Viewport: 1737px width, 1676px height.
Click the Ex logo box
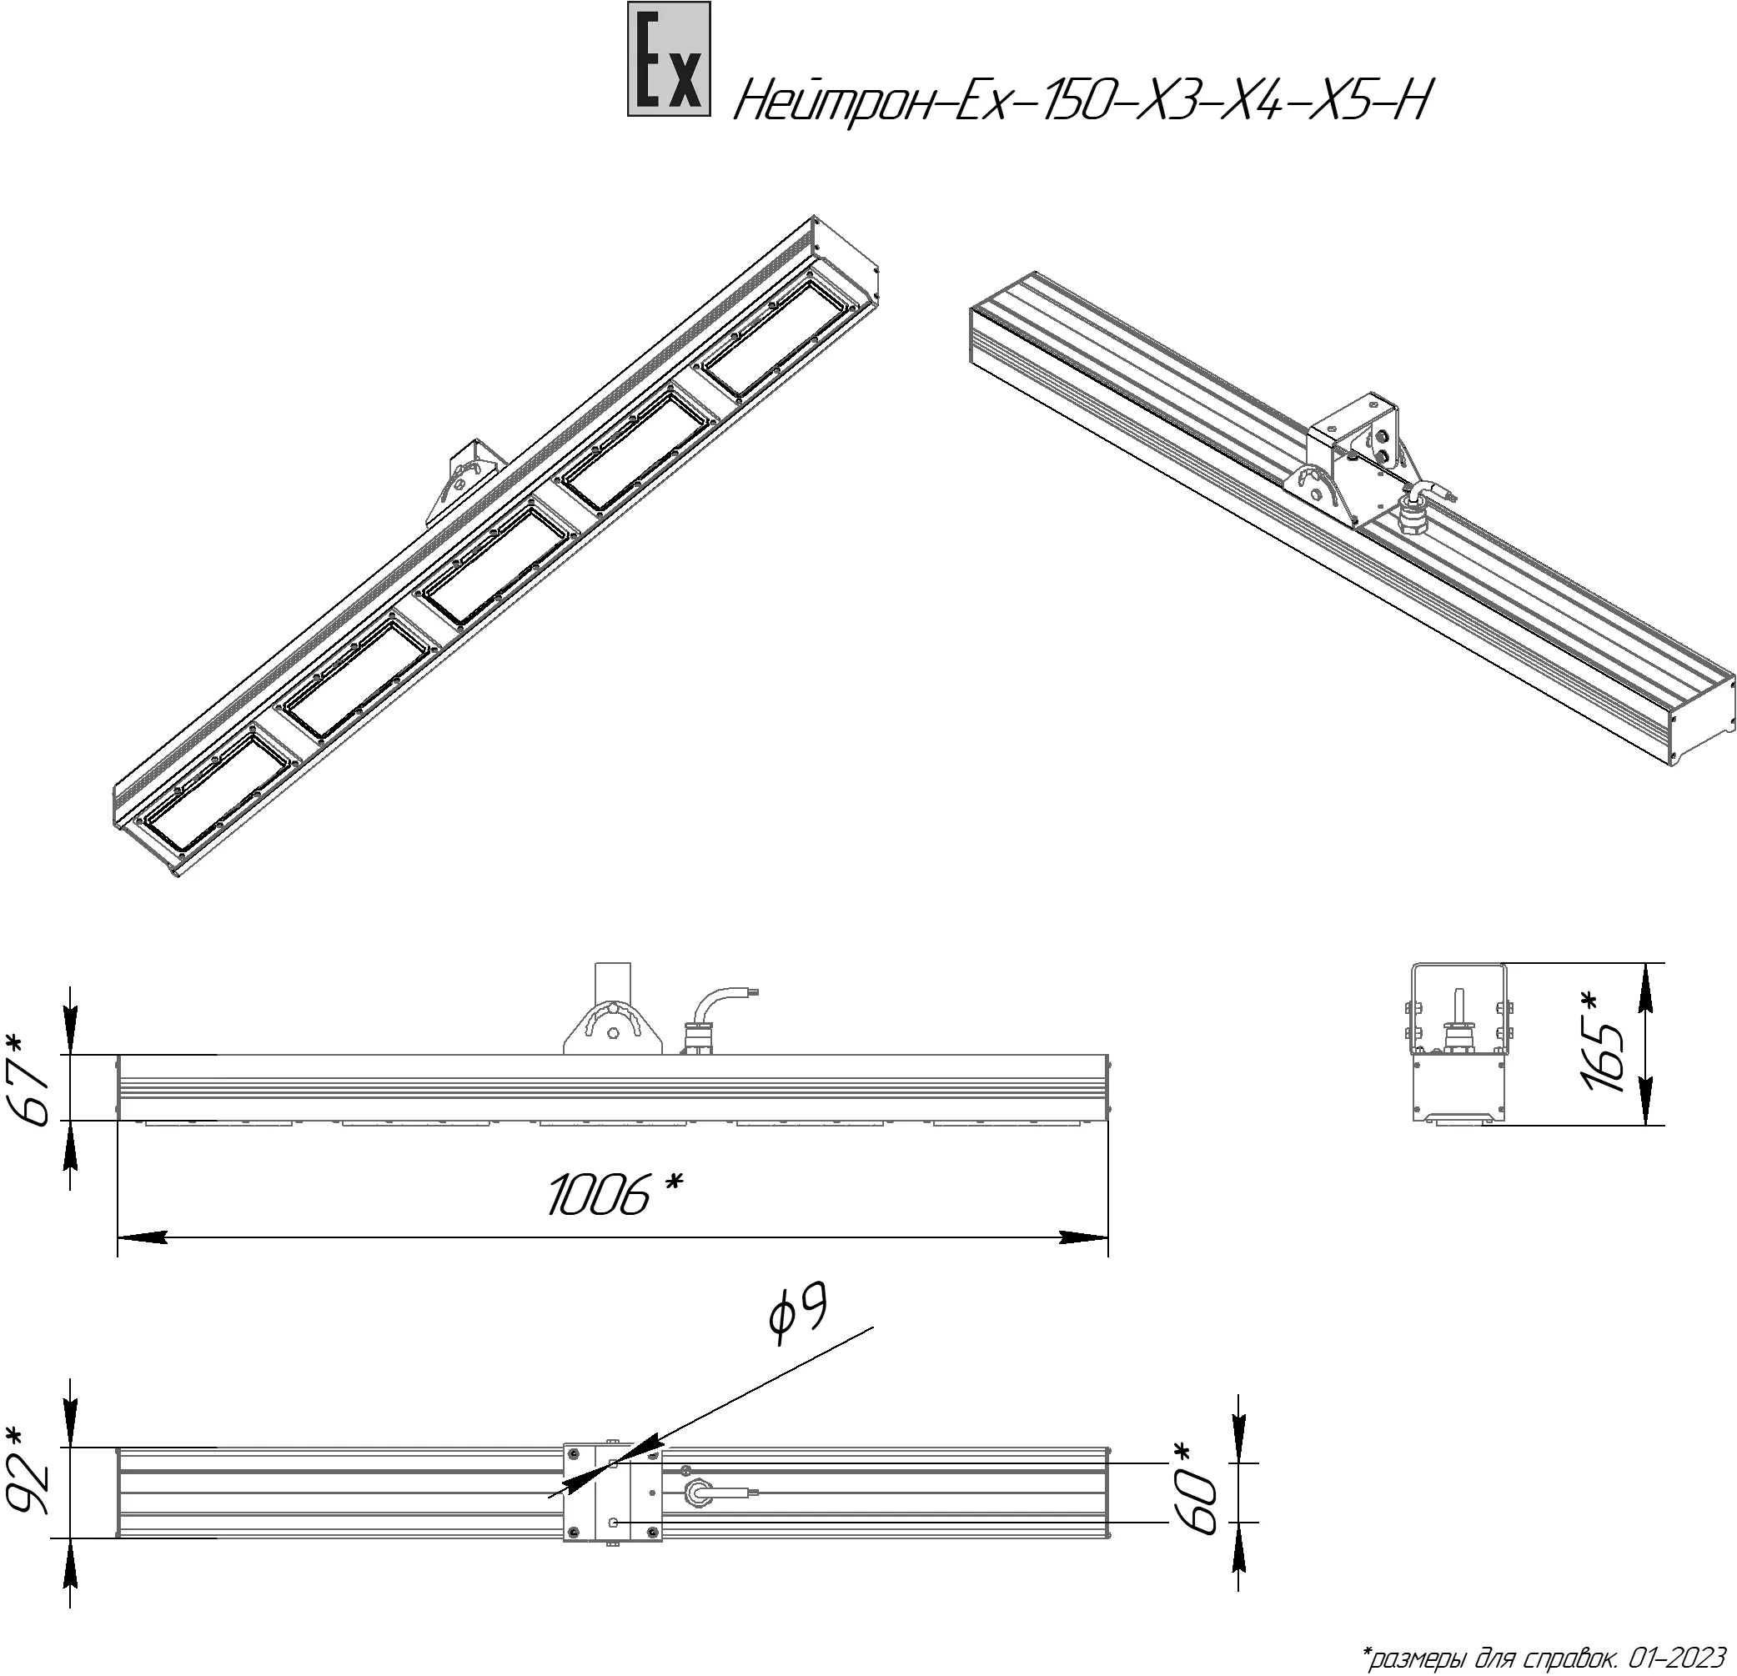[x=669, y=59]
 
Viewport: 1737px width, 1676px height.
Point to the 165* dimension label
[x=1601, y=1042]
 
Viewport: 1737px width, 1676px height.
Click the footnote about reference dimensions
[x=1543, y=1656]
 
